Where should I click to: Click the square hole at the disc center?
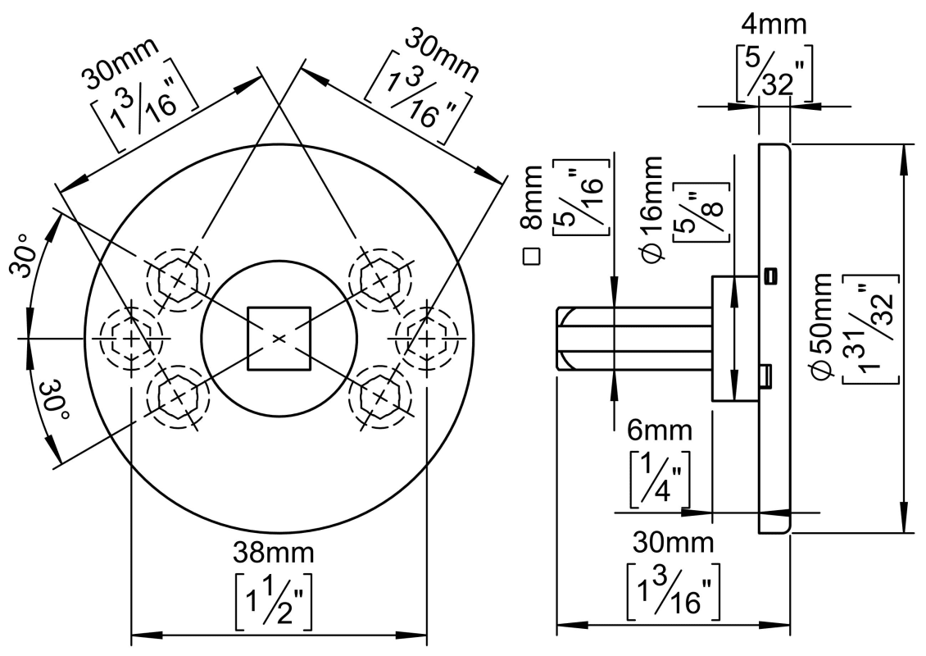[279, 338]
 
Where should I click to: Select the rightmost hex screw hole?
[426, 337]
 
